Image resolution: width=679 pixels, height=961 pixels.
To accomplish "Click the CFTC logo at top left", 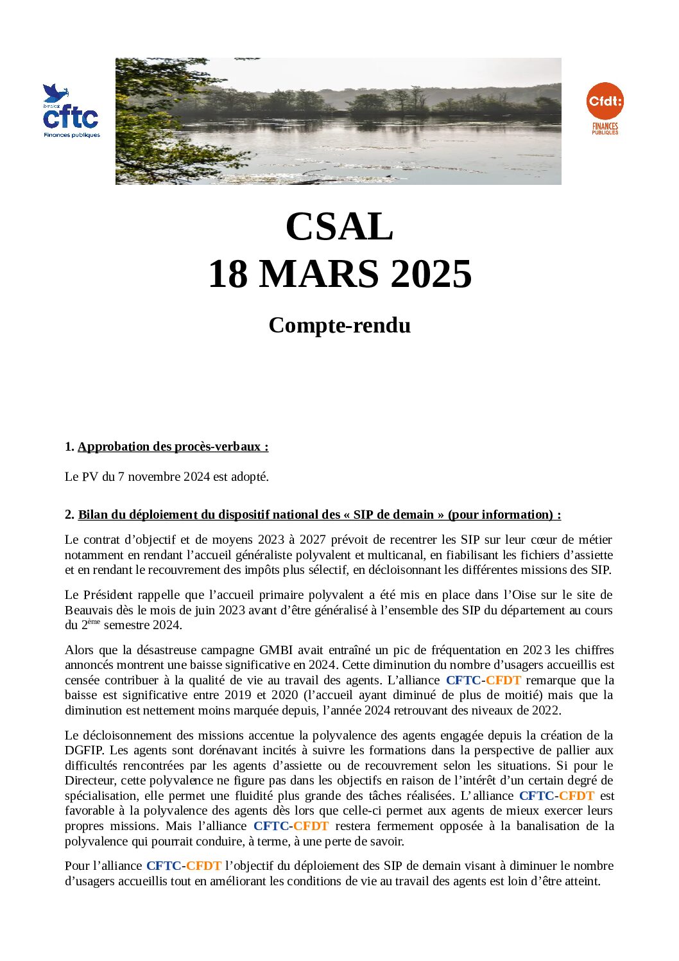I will coord(71,112).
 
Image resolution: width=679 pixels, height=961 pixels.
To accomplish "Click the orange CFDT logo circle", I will coord(605,101).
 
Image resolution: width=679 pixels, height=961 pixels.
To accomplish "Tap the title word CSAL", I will coord(339,227).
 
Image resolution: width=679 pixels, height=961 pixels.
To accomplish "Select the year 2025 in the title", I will coord(431,274).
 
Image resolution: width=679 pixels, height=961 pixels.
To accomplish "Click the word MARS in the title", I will coord(319,274).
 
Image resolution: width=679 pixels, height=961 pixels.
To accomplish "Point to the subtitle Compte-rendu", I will coord(339,325).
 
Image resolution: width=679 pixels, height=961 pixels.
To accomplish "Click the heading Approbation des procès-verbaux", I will coord(173,447).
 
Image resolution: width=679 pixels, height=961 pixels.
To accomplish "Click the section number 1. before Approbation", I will coord(69,447).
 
